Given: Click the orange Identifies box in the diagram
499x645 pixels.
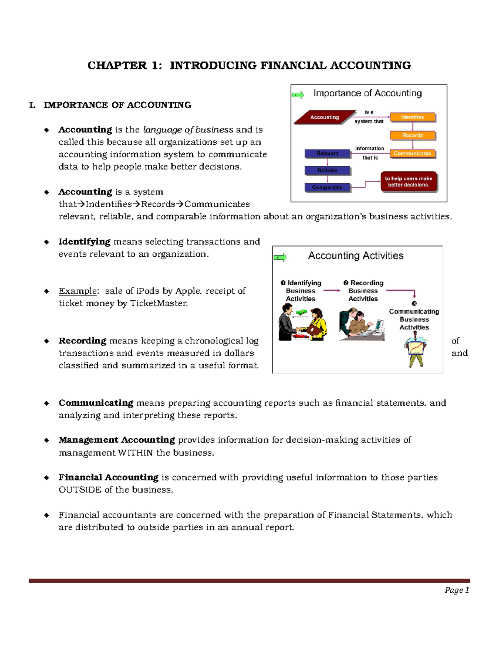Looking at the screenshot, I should pos(412,117).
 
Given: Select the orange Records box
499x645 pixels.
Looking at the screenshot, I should pos(412,135).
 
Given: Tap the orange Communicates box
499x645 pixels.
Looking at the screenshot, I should pos(412,153).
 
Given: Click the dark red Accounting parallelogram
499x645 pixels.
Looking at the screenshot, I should pos(324,117).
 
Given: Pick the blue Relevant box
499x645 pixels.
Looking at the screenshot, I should pos(327,153).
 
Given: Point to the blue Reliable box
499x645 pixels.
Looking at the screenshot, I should pos(327,170).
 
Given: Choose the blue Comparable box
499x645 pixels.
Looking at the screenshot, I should pos(327,187).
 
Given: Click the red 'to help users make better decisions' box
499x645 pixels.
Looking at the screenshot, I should pos(408,181).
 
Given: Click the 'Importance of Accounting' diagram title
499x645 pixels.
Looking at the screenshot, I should pos(367,93).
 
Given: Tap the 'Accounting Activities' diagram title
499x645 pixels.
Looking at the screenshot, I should pos(356,255).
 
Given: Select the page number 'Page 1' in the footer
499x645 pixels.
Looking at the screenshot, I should pos(457,590).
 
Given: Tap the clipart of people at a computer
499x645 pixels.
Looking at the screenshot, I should pos(361,324).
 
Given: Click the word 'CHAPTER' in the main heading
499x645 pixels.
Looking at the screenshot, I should pos(117,66).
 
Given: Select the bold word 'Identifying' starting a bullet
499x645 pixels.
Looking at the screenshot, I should pos(84,242).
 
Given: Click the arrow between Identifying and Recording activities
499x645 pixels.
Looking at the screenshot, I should pos(332,291).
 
